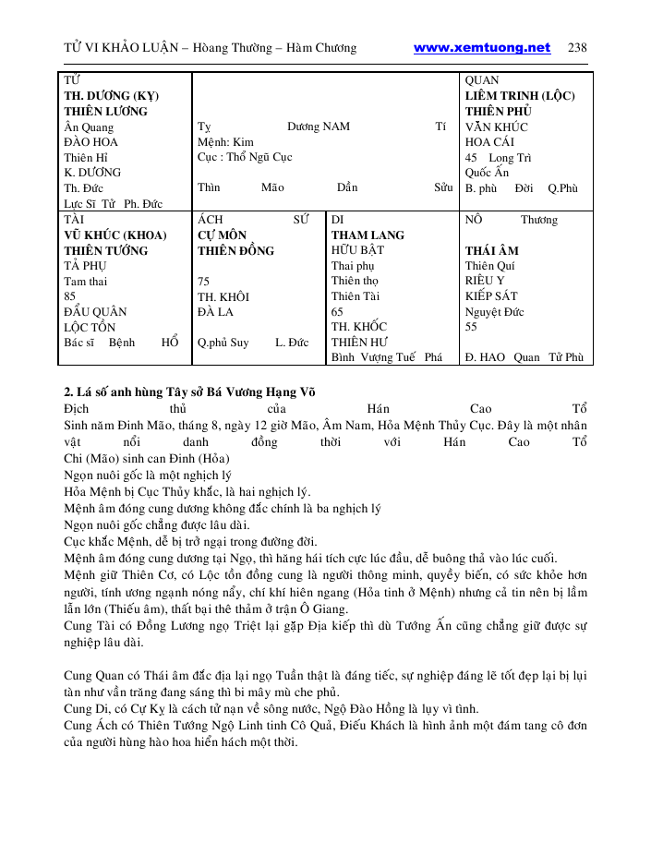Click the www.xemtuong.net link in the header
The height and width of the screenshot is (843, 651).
(x=481, y=48)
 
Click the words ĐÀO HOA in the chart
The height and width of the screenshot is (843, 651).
(x=90, y=142)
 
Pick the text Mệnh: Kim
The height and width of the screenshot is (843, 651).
(x=225, y=142)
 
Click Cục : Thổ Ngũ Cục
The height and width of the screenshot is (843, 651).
(x=245, y=157)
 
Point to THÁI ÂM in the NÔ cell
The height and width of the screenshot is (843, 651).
(x=492, y=250)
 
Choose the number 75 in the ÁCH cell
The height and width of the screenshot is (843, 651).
(x=204, y=281)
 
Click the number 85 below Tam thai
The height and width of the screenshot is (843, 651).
(x=70, y=296)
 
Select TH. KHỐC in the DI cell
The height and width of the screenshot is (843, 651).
(x=359, y=326)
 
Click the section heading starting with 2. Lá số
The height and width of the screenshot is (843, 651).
(x=189, y=391)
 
